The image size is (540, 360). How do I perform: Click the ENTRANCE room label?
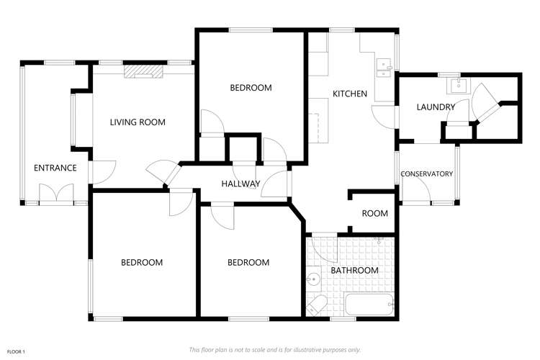(55, 168)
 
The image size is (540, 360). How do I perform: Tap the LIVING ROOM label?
(138, 122)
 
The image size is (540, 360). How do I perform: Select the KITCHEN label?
(350, 94)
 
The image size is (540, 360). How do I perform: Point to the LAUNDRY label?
(436, 107)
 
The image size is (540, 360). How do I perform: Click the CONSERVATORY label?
(426, 174)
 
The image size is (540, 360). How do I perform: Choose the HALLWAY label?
(240, 184)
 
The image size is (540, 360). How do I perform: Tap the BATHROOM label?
(354, 271)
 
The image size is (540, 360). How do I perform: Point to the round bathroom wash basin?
(314, 278)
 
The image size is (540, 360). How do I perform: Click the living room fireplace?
(144, 71)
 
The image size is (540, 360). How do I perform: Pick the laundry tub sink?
(457, 86)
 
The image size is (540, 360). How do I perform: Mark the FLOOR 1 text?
(14, 351)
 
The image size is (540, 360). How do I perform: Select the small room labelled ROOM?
(374, 214)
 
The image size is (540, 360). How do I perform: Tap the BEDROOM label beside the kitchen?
(251, 89)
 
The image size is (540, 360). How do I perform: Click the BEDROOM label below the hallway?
(248, 263)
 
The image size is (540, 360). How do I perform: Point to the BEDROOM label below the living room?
(142, 263)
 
